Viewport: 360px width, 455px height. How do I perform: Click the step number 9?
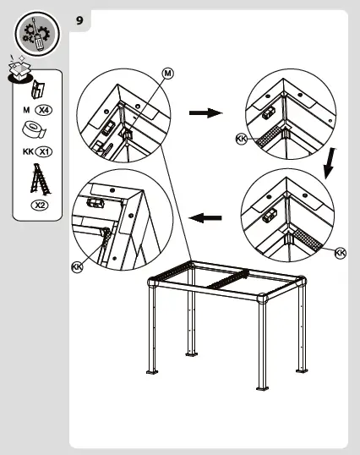coord(79,20)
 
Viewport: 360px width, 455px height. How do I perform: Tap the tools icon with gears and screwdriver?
coord(37,34)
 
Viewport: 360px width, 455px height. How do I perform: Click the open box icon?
coord(19,69)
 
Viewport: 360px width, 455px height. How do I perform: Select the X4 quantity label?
coord(43,110)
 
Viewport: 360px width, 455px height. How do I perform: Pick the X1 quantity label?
coord(43,151)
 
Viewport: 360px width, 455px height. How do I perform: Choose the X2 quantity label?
coord(40,206)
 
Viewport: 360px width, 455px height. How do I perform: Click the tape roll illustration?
coord(34,129)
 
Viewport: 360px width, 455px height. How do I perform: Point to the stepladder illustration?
coord(40,179)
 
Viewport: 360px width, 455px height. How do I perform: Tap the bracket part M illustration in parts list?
coord(38,90)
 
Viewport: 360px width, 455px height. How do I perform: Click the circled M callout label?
coord(168,73)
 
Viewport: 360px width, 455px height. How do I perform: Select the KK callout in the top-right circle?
coord(242,139)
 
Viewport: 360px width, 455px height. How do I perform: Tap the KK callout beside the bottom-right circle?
coord(341,253)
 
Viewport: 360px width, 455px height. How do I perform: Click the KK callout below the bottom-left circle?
coord(77,266)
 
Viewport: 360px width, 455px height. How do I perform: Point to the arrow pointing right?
coord(206,112)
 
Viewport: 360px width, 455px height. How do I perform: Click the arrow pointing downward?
coord(330,164)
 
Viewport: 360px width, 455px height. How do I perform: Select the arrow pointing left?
coord(205,218)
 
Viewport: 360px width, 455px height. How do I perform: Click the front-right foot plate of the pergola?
coord(262,388)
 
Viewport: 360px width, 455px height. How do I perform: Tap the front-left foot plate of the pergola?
coord(152,372)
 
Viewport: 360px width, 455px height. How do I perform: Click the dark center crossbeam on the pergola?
coord(228,280)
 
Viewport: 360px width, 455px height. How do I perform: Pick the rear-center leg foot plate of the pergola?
coord(191,354)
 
